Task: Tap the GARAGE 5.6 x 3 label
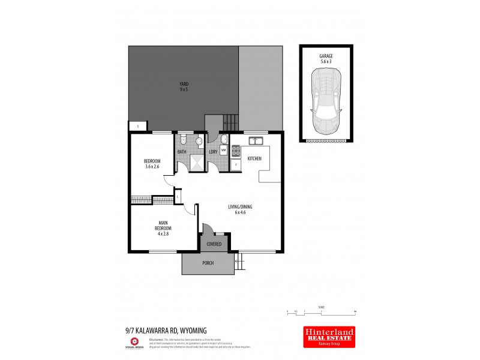[326, 58]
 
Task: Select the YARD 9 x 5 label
[184, 86]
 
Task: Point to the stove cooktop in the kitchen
[228, 152]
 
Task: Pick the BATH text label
[182, 152]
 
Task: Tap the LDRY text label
[212, 152]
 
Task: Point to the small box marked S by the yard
[137, 127]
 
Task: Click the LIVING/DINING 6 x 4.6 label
[240, 209]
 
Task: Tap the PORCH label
[207, 262]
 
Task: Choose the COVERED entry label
[214, 244]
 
